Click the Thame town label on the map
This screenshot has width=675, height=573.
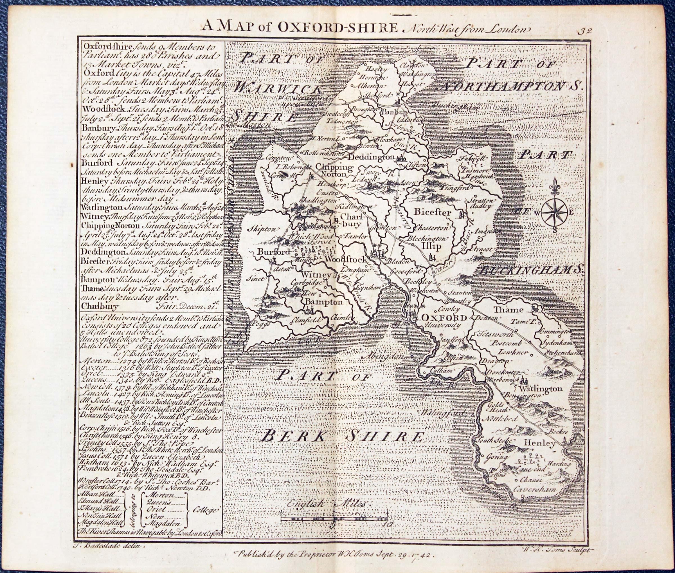(508, 309)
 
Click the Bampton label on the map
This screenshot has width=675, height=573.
(323, 302)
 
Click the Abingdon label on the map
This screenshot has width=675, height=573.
(385, 356)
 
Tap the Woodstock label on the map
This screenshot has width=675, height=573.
(345, 259)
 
